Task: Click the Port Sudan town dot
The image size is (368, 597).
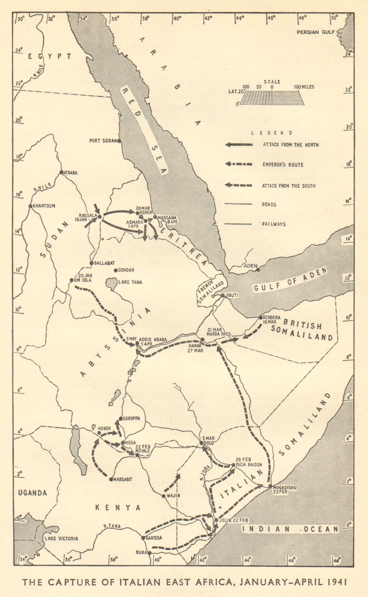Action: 119,141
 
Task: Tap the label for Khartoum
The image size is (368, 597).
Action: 44,206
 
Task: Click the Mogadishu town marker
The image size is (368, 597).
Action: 270,486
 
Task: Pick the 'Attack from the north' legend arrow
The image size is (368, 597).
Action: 239,145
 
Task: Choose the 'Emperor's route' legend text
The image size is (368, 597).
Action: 283,165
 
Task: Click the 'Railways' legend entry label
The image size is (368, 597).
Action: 274,224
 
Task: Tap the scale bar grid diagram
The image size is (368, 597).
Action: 271,98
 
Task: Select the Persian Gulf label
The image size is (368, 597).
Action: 313,32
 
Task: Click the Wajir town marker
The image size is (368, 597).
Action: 163,496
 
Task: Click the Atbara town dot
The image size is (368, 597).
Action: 62,172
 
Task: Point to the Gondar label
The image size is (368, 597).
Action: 126,270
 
